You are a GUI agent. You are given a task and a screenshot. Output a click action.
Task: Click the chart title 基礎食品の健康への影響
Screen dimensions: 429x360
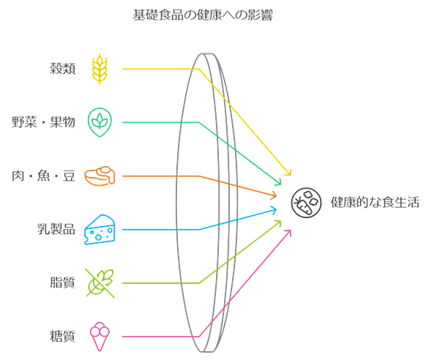[x=203, y=15]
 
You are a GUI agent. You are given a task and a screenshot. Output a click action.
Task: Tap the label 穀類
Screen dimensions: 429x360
[x=63, y=68]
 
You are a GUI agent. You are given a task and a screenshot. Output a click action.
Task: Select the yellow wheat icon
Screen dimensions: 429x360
[x=100, y=69]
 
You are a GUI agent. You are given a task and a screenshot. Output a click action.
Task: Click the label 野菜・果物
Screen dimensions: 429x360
[x=43, y=122]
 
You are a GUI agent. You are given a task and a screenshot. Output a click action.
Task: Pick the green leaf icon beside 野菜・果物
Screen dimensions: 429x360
[x=100, y=122]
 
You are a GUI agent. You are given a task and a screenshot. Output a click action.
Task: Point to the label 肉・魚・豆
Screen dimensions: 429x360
[x=43, y=176]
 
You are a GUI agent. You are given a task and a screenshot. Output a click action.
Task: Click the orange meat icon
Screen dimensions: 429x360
[x=100, y=176]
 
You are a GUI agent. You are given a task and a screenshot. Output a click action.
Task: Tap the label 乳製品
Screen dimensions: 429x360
[x=56, y=229]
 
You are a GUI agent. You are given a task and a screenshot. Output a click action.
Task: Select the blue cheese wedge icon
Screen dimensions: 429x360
[x=100, y=229]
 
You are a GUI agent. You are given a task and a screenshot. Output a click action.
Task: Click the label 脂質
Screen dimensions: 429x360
[x=63, y=282]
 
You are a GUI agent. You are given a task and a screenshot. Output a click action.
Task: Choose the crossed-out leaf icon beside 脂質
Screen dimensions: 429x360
[x=100, y=283]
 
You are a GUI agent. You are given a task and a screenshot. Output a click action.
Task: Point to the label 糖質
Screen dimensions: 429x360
[x=63, y=336]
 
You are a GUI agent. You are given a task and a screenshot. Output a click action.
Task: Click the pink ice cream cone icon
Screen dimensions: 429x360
[x=100, y=336]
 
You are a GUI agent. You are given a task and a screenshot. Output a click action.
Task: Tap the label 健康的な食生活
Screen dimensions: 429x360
[x=375, y=203]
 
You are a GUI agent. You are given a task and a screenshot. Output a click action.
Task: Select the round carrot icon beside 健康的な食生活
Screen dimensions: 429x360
[x=306, y=203]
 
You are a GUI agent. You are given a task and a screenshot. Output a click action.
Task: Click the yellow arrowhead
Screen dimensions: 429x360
[x=288, y=173]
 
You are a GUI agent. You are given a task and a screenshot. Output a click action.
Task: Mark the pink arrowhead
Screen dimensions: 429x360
[x=288, y=233]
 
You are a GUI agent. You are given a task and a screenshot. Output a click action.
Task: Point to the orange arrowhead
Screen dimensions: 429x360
[x=274, y=195]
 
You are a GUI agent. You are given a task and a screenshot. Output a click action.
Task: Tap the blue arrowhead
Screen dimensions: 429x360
[x=274, y=210]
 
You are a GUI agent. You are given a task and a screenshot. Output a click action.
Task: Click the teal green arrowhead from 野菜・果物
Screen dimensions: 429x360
[x=278, y=182]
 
